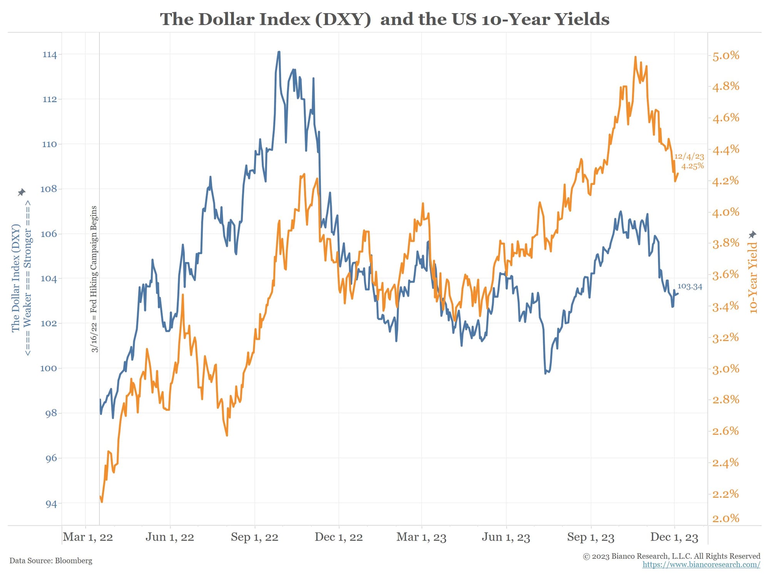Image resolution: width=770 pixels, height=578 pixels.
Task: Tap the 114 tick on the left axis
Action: coord(50,55)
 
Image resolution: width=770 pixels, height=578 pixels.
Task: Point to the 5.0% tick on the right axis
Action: coord(725,55)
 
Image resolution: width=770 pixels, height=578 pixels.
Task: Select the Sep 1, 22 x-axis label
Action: coord(254,537)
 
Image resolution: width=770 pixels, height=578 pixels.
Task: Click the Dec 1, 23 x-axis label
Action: coord(674,537)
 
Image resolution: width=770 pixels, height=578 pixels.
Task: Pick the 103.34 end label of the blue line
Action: coord(690,286)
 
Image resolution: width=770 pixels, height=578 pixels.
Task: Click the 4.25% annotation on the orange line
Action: coord(692,166)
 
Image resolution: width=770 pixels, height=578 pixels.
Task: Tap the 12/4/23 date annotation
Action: coord(689,156)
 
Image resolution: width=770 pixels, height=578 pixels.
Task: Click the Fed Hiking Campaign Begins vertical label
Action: coord(94,279)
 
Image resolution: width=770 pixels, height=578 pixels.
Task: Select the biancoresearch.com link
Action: coord(701,565)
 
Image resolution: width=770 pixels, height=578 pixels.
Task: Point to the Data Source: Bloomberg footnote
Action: coord(51,561)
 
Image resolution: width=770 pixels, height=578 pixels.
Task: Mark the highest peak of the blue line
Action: coord(279,52)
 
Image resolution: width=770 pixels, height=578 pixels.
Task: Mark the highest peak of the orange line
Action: coord(635,57)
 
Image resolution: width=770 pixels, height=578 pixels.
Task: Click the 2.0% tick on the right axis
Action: coord(725,518)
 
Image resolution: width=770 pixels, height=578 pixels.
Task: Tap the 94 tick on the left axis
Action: coord(51,504)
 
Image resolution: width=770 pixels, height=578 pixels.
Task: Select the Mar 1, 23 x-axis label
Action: coord(421,537)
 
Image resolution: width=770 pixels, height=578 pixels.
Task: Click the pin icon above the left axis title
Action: coord(22,192)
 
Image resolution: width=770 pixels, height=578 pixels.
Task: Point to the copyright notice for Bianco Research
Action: coord(671,556)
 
